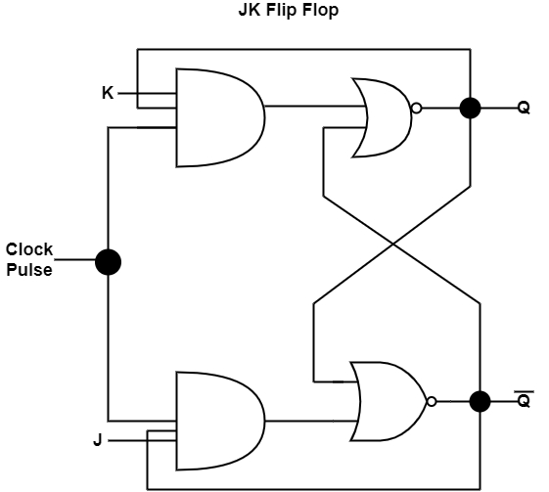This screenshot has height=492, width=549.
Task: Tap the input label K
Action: [x=108, y=94]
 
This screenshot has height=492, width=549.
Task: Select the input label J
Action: [x=98, y=440]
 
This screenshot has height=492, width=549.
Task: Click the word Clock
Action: [x=29, y=249]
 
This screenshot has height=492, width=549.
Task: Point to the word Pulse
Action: [x=29, y=269]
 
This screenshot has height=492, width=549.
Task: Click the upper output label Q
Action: [x=524, y=108]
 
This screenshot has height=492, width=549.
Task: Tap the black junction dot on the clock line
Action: [x=108, y=261]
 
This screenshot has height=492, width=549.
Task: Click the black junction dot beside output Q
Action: [x=470, y=108]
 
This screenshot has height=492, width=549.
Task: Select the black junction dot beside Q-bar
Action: [x=480, y=401]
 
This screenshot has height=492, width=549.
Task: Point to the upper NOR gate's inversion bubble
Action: [x=417, y=109]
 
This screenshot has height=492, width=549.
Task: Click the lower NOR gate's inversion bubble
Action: [x=431, y=401]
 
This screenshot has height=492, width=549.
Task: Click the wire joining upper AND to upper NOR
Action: [x=311, y=106]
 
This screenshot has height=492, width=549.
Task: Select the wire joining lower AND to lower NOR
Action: [x=311, y=422]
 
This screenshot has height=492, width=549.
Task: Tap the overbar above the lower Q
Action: [x=524, y=390]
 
